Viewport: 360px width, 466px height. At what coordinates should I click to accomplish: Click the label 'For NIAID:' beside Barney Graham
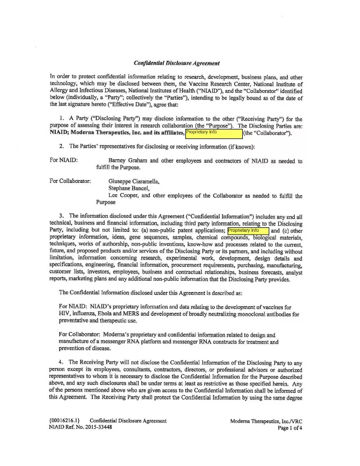pyautogui.click(x=64, y=162)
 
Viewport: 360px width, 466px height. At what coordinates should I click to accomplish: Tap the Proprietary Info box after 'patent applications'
pyautogui.click(x=248, y=231)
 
